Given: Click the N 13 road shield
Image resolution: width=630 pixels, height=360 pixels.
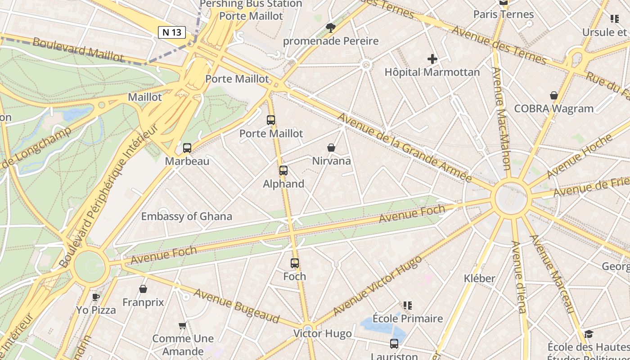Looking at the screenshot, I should (x=172, y=32).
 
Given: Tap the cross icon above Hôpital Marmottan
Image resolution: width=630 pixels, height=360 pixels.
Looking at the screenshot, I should (x=432, y=59).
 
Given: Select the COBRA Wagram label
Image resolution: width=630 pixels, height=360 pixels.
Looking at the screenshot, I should (x=553, y=108).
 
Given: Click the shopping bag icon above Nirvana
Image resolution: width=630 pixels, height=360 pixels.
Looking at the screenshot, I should (x=331, y=148).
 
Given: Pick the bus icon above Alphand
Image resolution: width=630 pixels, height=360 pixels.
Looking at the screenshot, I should (x=283, y=171).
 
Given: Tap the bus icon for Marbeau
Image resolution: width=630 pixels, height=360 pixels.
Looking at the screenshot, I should (x=187, y=148).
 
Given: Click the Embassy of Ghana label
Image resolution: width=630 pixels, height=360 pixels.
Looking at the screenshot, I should (x=187, y=216).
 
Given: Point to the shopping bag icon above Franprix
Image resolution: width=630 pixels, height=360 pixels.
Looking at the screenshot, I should (x=143, y=289).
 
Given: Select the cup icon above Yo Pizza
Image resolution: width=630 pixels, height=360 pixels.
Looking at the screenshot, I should (x=95, y=297).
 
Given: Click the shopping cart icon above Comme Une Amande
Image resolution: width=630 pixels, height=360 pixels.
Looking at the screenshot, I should (x=183, y=325).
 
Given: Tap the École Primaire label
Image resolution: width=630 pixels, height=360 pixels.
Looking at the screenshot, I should (x=409, y=319).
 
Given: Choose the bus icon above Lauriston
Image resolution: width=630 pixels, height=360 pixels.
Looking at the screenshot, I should (x=394, y=344).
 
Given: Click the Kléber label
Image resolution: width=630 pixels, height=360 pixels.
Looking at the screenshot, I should (x=479, y=279).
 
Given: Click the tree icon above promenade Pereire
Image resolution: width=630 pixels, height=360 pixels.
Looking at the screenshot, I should (x=331, y=28).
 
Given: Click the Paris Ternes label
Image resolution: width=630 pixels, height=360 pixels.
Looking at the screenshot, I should (x=503, y=14).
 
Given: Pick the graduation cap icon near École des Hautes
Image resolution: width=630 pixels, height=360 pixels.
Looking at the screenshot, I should (x=589, y=334).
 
